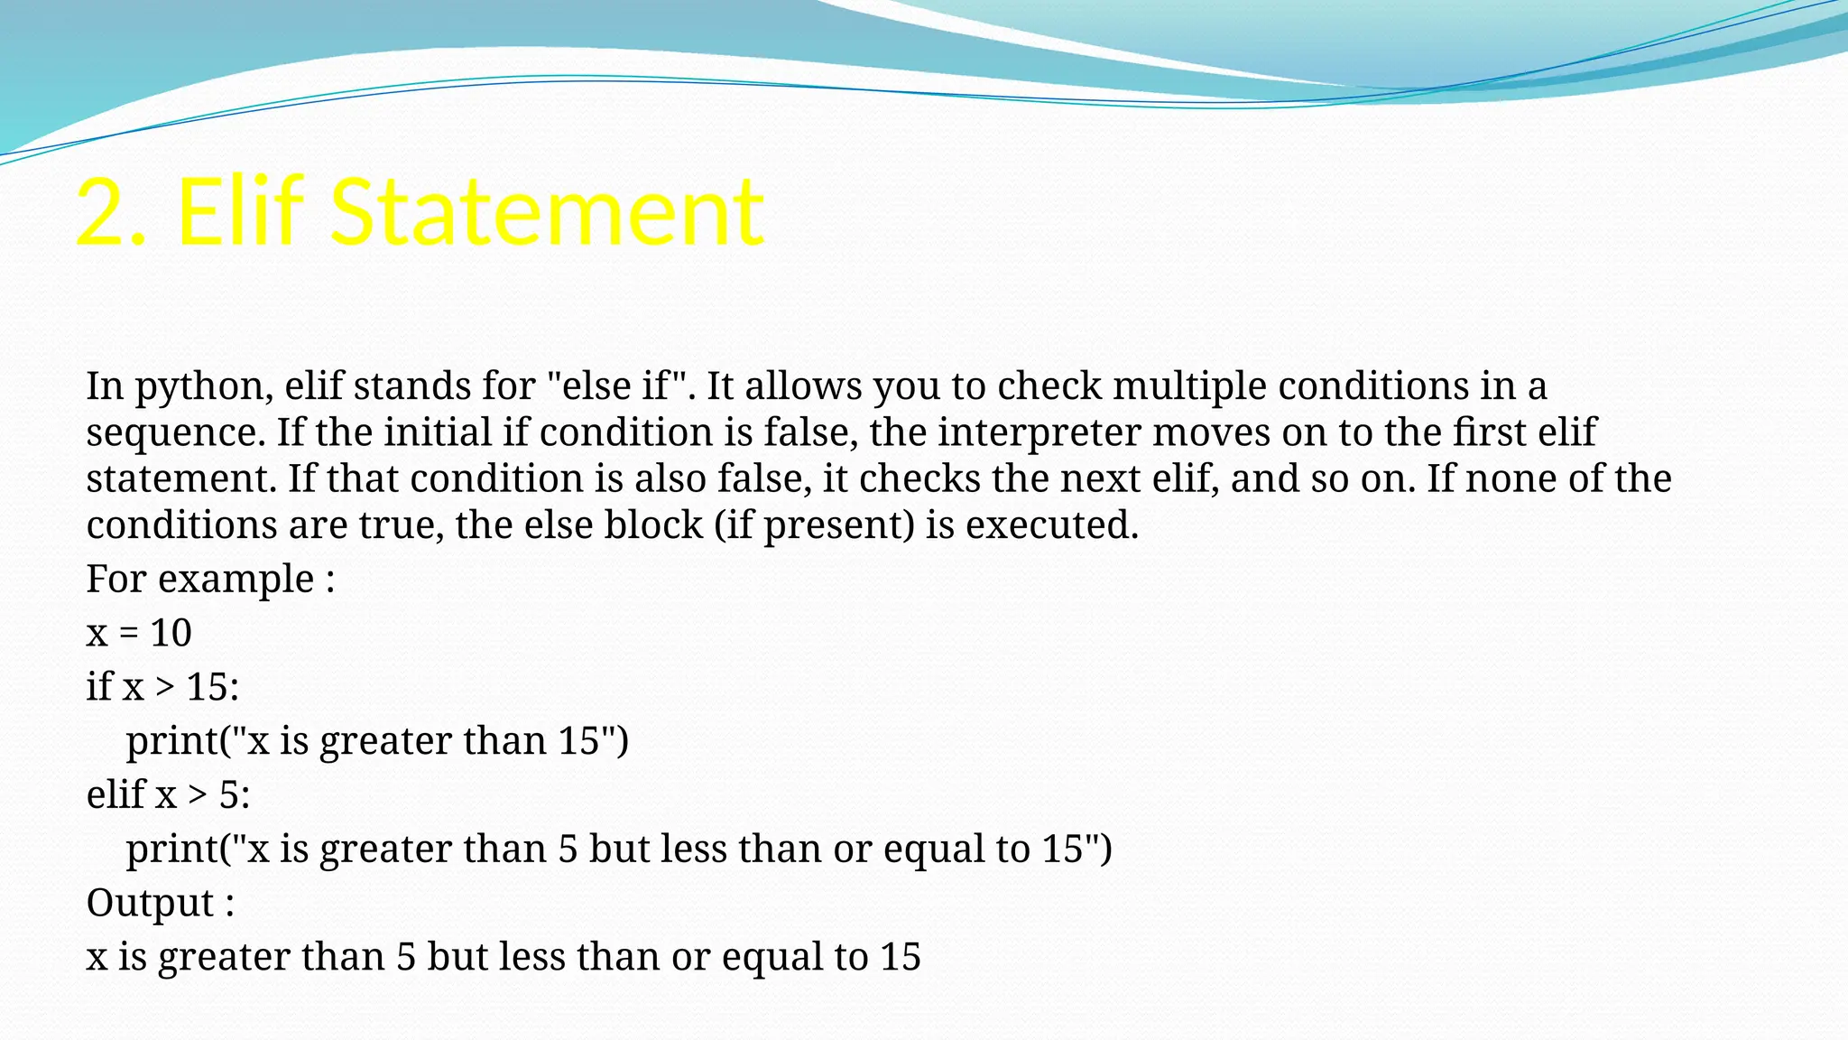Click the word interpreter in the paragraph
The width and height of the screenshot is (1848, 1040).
click(1039, 433)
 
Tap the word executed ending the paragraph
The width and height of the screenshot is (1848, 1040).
click(1052, 525)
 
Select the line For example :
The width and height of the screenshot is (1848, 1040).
click(210, 579)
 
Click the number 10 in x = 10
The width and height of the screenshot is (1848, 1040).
click(171, 633)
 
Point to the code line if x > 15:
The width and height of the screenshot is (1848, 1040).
click(162, 687)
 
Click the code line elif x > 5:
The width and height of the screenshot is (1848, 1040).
click(168, 795)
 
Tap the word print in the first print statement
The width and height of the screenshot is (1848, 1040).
click(172, 742)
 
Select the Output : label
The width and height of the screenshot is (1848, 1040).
click(161, 903)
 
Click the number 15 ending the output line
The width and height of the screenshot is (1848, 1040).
click(900, 957)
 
